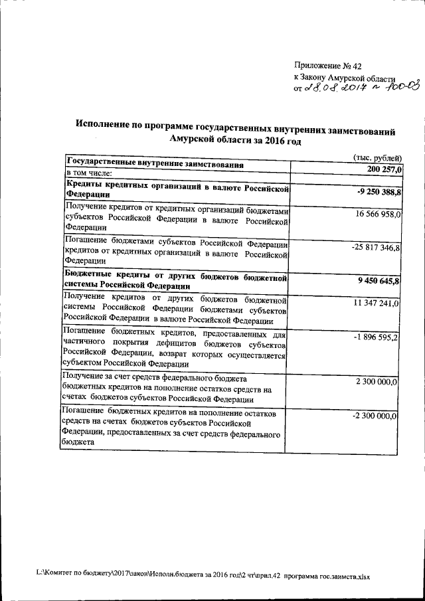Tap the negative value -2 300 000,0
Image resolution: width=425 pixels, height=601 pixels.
click(x=376, y=416)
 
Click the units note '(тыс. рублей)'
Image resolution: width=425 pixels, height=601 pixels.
click(x=375, y=158)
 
